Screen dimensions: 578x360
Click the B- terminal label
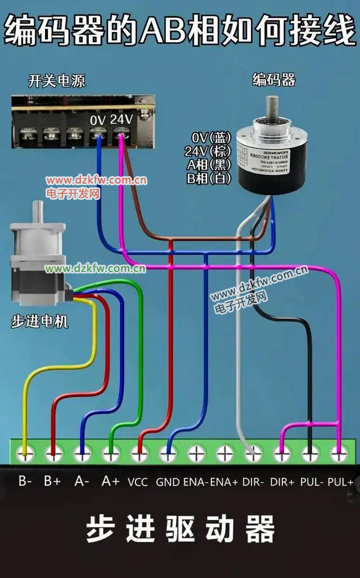24,481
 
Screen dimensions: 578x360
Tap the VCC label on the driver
138,482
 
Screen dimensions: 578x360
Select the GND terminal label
168,482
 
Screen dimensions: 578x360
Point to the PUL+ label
340,482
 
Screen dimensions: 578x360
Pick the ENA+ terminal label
224,482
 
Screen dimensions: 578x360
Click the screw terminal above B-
24,451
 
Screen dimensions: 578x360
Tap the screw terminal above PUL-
310,451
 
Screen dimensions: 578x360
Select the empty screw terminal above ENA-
196,451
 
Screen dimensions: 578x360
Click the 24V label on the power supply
121,119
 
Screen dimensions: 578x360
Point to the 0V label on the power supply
97,120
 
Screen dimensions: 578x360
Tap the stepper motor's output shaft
39,211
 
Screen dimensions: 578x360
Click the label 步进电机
40,322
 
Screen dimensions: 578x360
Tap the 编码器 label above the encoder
273,80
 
